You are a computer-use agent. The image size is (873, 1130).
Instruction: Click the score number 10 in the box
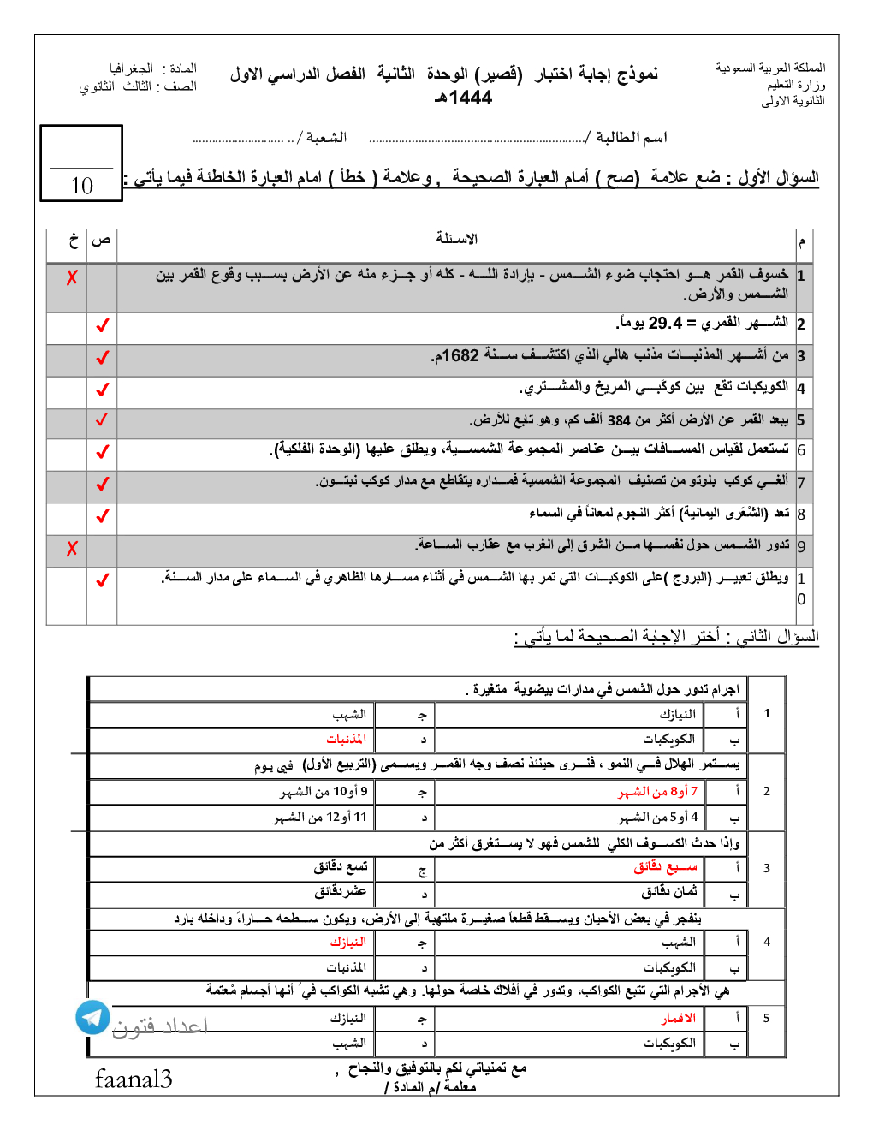82,186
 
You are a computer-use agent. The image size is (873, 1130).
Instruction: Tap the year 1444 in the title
470,98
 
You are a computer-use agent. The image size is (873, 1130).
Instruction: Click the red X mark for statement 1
72,277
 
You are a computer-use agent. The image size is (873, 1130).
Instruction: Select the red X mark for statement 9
72,549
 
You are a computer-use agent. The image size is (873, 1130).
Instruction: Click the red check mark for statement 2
103,326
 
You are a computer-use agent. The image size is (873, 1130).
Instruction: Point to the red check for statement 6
103,451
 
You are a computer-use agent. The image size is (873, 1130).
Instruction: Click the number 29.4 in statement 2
665,324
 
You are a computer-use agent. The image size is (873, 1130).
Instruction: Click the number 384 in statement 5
619,420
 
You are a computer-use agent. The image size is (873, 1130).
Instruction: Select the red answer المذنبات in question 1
346,739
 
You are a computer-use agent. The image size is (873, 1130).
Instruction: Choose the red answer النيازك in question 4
347,942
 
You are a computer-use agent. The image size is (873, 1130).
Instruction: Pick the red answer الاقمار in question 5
678,1018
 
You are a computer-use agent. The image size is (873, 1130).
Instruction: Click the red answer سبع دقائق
665,867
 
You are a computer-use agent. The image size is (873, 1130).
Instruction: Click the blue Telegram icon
92,1017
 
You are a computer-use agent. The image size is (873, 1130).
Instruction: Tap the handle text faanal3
134,1079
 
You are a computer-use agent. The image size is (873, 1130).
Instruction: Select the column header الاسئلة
457,239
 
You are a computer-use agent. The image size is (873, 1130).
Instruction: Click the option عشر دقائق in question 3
341,892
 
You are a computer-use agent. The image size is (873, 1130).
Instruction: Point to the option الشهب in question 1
349,714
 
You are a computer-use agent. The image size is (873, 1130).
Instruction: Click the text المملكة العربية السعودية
770,68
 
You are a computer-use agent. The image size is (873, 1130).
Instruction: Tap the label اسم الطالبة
631,137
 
